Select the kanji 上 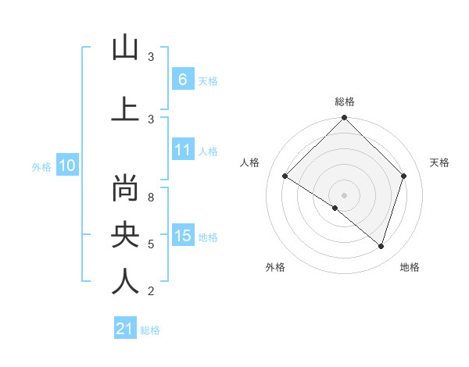click(x=124, y=109)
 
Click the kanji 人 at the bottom click(x=124, y=280)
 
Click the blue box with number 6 click(x=182, y=79)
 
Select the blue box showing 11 click(x=182, y=150)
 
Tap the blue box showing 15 click(x=182, y=237)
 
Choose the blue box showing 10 click(x=66, y=166)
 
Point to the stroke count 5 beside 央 click(x=150, y=244)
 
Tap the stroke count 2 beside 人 click(x=150, y=291)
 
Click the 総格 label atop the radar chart click(x=344, y=102)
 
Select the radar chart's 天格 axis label click(x=439, y=162)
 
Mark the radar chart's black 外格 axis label click(x=275, y=267)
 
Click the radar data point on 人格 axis click(x=285, y=176)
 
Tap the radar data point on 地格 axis click(x=381, y=246)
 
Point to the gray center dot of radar click(x=344, y=194)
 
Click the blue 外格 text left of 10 click(x=41, y=166)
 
